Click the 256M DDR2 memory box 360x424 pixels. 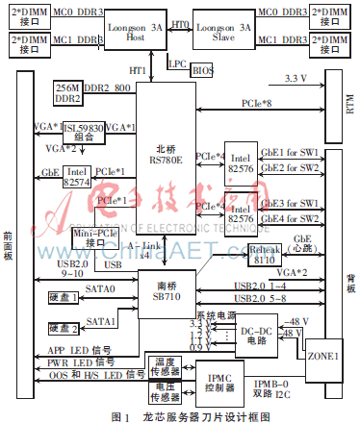(70, 92)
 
